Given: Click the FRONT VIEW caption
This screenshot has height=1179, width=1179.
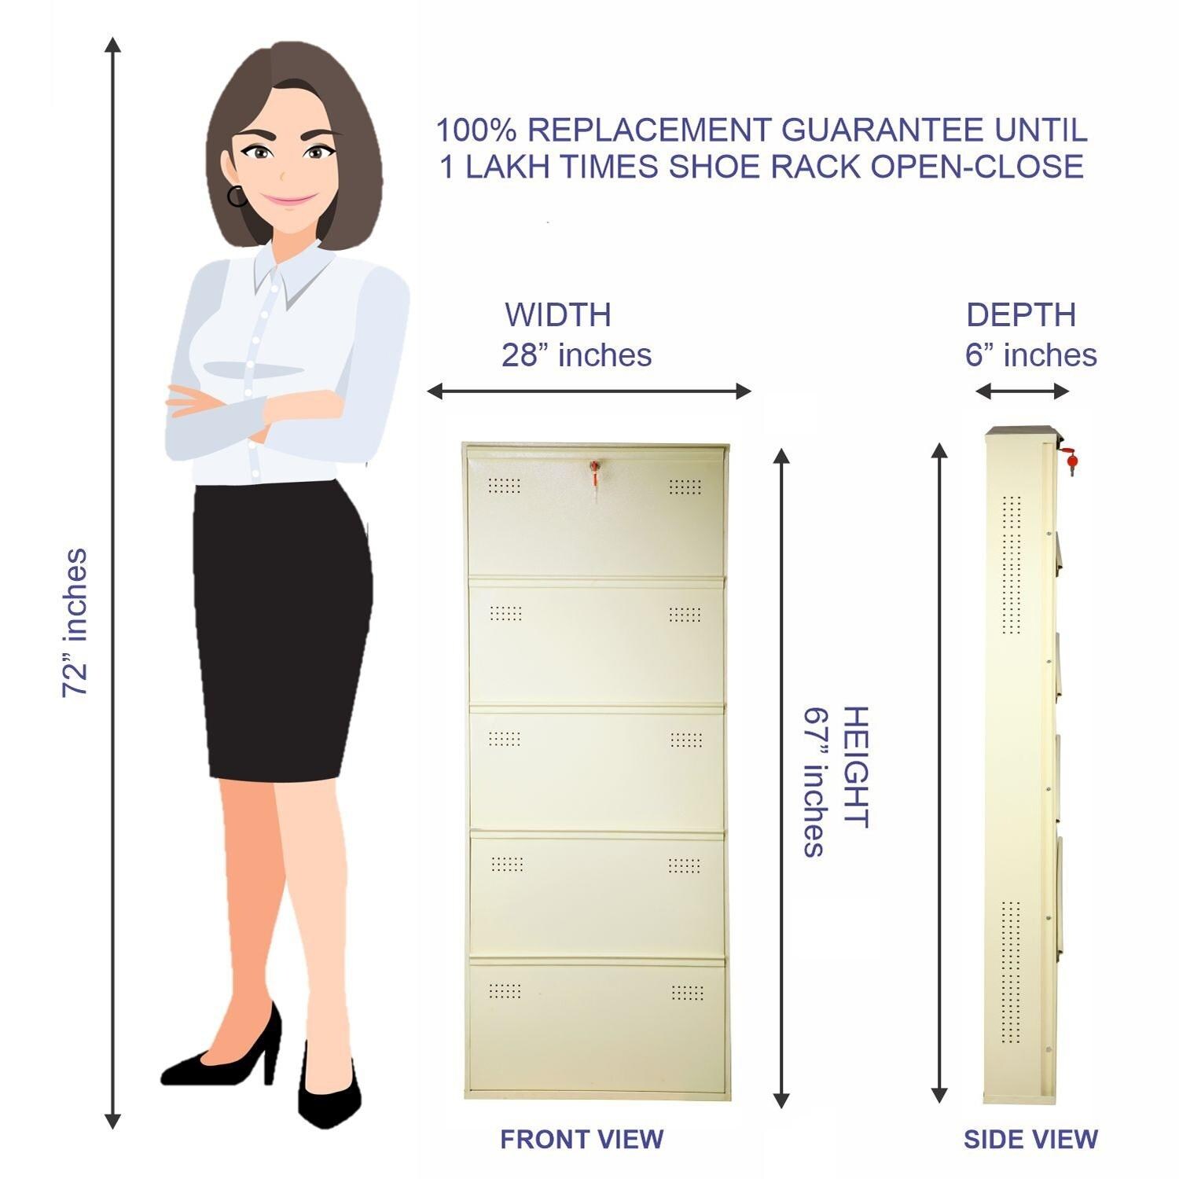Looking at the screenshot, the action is click(x=582, y=1138).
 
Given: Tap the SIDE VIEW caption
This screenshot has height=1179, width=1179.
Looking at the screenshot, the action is click(x=1030, y=1139).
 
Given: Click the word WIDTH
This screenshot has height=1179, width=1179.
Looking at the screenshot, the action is click(x=558, y=314).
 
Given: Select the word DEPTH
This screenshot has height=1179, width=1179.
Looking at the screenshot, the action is click(x=1021, y=314).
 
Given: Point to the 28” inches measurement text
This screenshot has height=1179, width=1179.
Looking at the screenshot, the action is click(x=577, y=354).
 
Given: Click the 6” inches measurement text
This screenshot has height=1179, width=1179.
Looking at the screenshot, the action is click(x=1030, y=354).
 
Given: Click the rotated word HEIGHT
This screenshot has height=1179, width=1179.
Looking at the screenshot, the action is click(x=855, y=767).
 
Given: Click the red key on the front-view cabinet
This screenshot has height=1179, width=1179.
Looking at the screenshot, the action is click(x=595, y=470).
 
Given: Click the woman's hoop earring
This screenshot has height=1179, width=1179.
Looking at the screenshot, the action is click(x=237, y=196).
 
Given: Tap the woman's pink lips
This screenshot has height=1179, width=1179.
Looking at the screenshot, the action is click(x=288, y=200).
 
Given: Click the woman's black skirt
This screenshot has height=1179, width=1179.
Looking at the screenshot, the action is click(x=283, y=629).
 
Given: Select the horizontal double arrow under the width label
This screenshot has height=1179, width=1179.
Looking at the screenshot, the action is click(x=589, y=391).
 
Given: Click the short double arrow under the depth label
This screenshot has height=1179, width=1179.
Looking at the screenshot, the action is click(x=1022, y=391).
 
